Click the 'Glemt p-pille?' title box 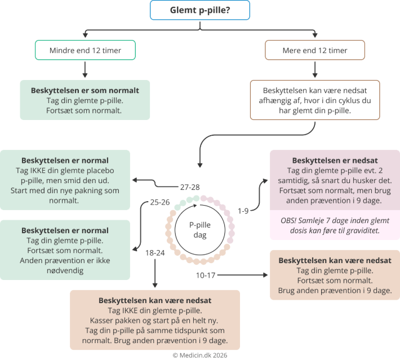tap(200, 11)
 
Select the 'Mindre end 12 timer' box tap(85, 51)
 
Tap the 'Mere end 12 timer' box tap(314, 51)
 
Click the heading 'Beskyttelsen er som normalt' tap(85, 90)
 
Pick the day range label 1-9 tap(243, 211)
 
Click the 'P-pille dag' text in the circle tap(200, 228)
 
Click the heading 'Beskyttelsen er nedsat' tap(335, 161)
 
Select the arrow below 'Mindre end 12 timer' tap(85, 69)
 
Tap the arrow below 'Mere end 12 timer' tap(314, 69)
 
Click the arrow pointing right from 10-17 tap(242, 275)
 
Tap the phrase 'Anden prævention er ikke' tap(65, 260)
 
